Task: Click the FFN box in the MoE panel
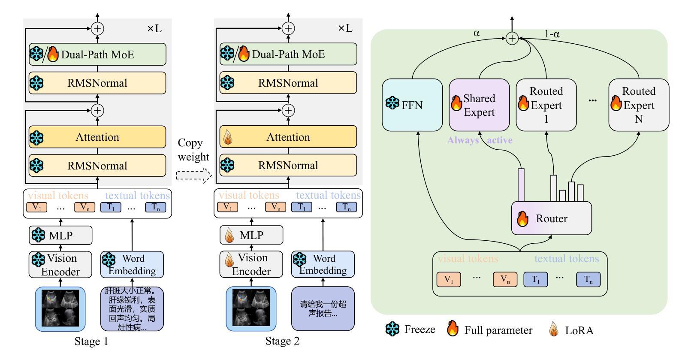click(412, 105)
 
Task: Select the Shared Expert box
click(479, 105)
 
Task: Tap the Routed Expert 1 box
click(546, 105)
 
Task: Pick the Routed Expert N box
click(638, 105)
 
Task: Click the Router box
click(551, 218)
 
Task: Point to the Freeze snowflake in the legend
click(392, 330)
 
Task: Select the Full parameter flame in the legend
click(453, 329)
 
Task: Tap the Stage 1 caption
click(91, 342)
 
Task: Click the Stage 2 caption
click(282, 341)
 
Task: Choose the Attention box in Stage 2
click(288, 137)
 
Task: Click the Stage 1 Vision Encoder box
click(60, 264)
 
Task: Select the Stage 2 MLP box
click(251, 235)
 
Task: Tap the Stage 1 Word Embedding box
click(132, 264)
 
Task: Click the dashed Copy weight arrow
click(194, 175)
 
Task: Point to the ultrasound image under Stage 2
click(251, 309)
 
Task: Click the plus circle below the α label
click(512, 39)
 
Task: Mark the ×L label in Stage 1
click(154, 29)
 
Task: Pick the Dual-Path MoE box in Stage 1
click(97, 54)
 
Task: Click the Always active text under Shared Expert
click(480, 140)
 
